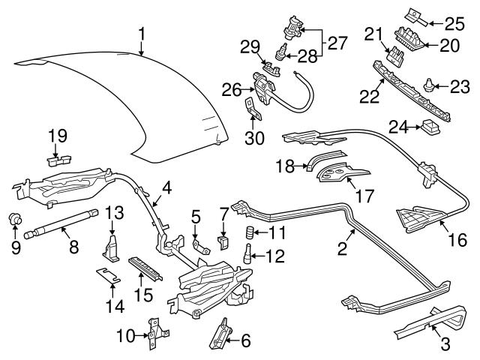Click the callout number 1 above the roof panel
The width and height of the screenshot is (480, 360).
click(x=142, y=33)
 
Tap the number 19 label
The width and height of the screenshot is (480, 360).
click(x=58, y=136)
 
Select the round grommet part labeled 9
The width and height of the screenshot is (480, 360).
click(x=13, y=219)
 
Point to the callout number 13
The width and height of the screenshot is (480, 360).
click(x=113, y=213)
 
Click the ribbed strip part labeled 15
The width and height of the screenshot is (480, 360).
click(x=144, y=266)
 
